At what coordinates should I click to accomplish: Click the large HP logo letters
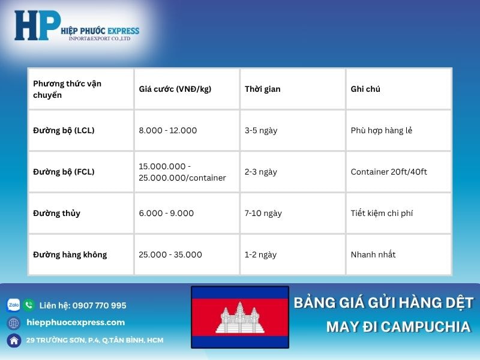click(x=37, y=26)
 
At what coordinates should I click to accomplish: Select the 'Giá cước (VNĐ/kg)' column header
click(x=175, y=89)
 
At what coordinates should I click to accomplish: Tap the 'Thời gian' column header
click(x=262, y=89)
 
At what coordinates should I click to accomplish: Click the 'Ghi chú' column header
click(x=365, y=89)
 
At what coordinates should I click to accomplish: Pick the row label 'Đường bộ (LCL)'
click(x=64, y=130)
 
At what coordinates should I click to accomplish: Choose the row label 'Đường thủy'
click(x=56, y=213)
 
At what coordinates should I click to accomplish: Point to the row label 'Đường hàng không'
click(x=70, y=254)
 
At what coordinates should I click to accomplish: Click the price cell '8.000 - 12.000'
click(x=167, y=130)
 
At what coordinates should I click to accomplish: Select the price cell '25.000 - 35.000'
click(x=170, y=254)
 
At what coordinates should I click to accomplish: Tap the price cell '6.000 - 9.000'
click(x=166, y=213)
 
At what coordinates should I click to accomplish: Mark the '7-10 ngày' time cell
click(x=263, y=213)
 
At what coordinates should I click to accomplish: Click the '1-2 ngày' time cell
click(x=260, y=254)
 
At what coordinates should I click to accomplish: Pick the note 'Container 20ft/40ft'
click(x=389, y=172)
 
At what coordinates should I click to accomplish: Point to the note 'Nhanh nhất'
click(x=373, y=254)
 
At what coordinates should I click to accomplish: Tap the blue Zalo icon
click(x=13, y=305)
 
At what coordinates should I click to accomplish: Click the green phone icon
click(x=29, y=305)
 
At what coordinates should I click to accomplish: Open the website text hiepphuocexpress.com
click(x=76, y=322)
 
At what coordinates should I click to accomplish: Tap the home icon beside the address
click(x=13, y=340)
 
